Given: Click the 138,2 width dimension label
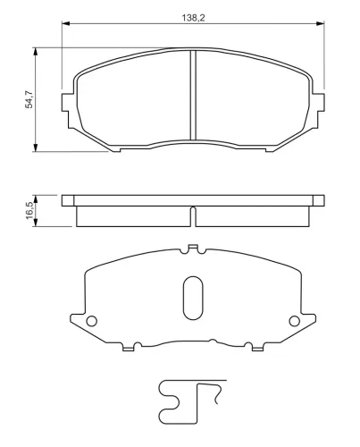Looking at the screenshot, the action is (x=193, y=18).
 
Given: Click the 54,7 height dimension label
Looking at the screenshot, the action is (x=29, y=99).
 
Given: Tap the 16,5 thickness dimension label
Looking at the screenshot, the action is (x=29, y=210).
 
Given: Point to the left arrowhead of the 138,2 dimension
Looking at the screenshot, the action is (x=65, y=23).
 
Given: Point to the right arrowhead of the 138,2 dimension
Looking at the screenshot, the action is (x=321, y=23).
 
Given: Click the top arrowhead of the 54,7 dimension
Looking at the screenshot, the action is (x=36, y=51).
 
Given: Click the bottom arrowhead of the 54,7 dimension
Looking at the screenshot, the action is (x=36, y=148).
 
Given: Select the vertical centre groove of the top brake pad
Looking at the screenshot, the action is (x=193, y=95).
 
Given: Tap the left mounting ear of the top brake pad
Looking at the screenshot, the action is (x=67, y=103).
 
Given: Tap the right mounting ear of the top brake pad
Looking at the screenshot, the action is (x=319, y=103).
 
